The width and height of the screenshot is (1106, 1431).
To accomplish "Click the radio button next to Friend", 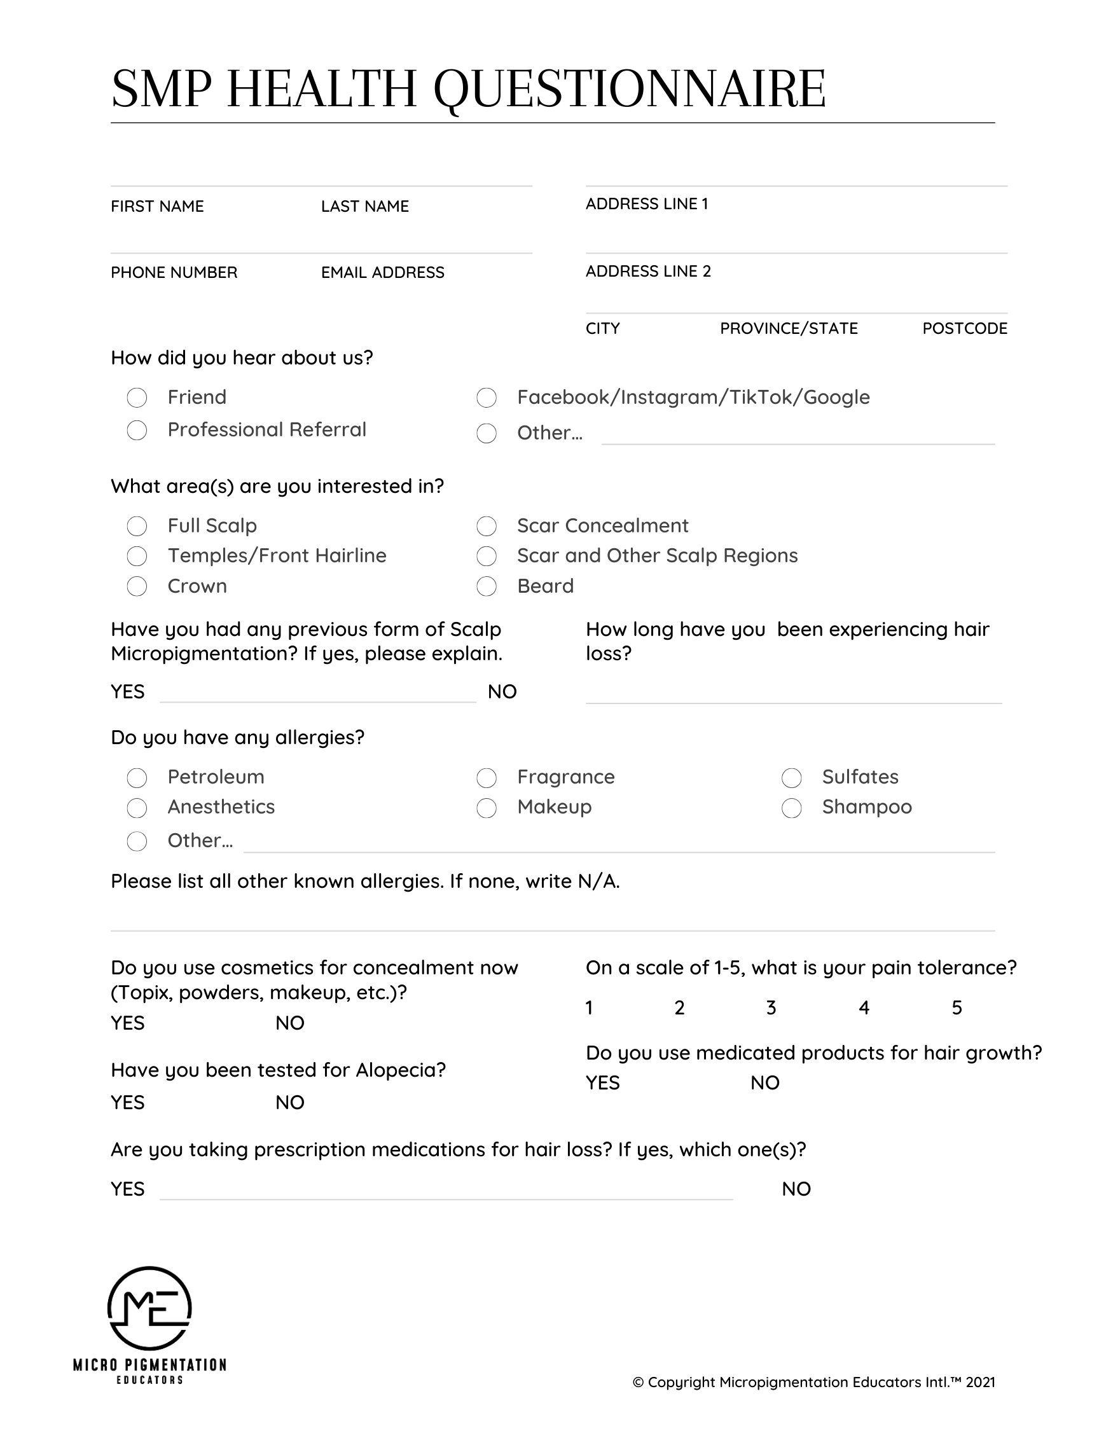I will click(x=137, y=397).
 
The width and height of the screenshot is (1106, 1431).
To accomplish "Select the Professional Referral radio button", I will click(x=137, y=431).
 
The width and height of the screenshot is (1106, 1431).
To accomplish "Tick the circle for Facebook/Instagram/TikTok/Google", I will click(x=486, y=397).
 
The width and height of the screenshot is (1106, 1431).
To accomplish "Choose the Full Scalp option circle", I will click(x=137, y=526).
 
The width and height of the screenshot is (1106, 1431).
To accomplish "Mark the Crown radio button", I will click(x=137, y=586).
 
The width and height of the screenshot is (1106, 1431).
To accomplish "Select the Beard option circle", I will click(x=486, y=586).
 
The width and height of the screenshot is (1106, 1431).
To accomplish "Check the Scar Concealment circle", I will click(x=486, y=526).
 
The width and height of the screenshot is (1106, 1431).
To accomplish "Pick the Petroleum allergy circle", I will click(x=137, y=778).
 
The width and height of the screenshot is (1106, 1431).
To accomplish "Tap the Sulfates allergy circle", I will click(x=791, y=778).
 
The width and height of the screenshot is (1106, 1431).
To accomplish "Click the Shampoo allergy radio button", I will click(x=791, y=808).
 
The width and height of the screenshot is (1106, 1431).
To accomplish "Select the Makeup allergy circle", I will click(x=486, y=808).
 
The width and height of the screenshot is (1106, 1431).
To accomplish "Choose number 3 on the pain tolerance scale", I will click(x=771, y=1007).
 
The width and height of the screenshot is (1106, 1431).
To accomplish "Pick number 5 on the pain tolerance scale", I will click(x=957, y=1007).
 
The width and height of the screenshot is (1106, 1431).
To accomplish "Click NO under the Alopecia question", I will click(x=289, y=1103).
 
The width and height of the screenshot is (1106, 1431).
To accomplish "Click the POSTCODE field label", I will click(x=964, y=328).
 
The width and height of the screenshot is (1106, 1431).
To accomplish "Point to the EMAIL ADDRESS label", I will click(x=383, y=273).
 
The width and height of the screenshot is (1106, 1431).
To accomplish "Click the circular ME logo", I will click(x=149, y=1308).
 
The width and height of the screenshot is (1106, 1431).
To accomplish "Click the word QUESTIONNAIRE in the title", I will click(x=630, y=89).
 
